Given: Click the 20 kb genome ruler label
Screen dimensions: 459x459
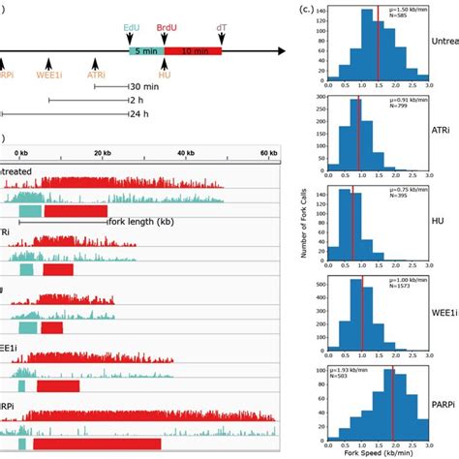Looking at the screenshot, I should coord(103,153).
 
